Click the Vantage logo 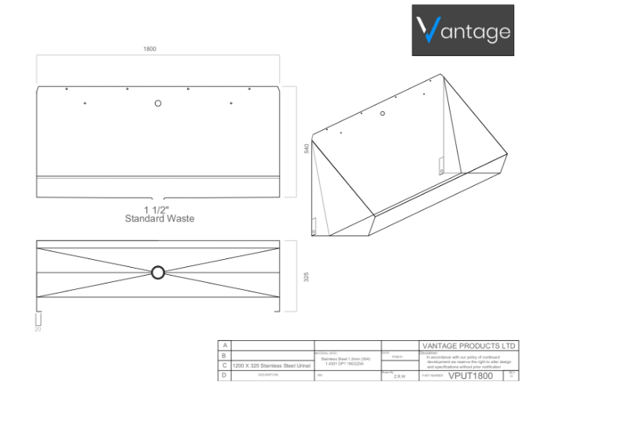pos(463,30)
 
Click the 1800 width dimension pos(149,49)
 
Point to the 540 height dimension pos(306,146)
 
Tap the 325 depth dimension pos(306,276)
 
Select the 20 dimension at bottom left pos(37,329)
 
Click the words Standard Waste pos(160,218)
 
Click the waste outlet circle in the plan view pos(158,273)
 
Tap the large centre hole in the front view pos(158,103)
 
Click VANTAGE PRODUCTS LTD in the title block pos(469,346)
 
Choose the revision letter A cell pos(225,346)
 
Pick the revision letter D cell pos(225,376)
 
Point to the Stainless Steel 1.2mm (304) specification pos(346,358)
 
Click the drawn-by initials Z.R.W pos(399,376)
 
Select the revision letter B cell pos(225,355)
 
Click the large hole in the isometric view pos(383,113)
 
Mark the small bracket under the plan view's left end pos(39,319)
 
